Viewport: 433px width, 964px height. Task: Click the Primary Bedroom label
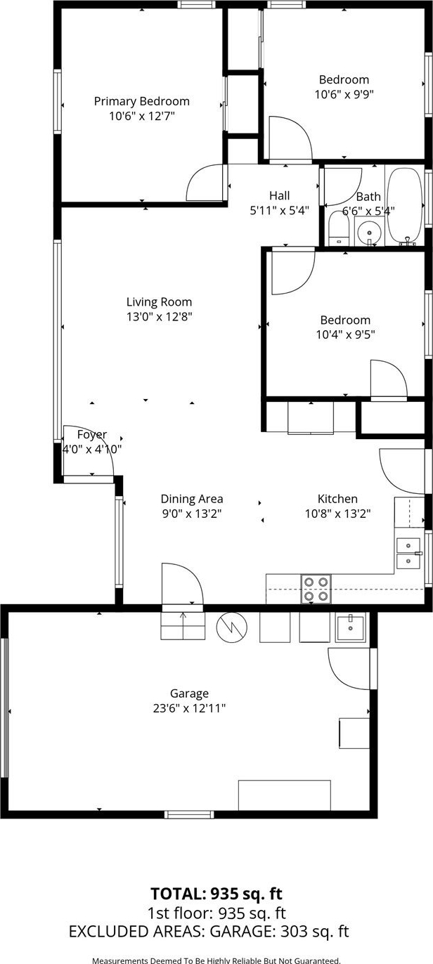tap(141, 102)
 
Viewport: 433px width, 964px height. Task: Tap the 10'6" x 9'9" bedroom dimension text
tap(344, 94)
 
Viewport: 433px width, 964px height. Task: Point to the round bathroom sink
tap(369, 233)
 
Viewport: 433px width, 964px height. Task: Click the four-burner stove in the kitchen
tap(316, 588)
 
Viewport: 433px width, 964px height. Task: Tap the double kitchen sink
tap(408, 553)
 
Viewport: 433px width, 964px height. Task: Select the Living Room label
tap(160, 302)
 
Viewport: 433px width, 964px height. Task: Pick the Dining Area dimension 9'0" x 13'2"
tap(191, 514)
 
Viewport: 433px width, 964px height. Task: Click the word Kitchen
tap(337, 499)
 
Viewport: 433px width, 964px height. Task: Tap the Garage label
tap(189, 693)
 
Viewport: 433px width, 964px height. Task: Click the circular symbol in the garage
tap(232, 627)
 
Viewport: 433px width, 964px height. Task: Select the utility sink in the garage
tap(351, 628)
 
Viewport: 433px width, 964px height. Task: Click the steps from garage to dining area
tap(183, 625)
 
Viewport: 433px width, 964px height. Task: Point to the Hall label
tap(279, 196)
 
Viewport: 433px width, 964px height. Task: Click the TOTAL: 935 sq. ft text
tap(216, 894)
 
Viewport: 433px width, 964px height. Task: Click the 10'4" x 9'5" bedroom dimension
tap(346, 334)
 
